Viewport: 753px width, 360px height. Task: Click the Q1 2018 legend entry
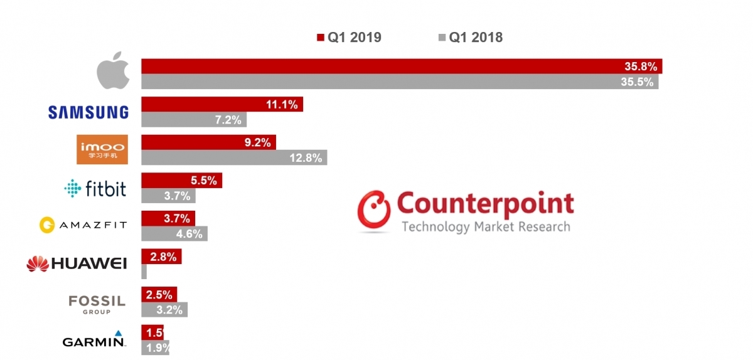471,38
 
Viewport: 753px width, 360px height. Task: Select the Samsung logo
88,112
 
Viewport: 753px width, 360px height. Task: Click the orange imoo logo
102,149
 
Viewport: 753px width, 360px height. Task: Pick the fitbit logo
95,188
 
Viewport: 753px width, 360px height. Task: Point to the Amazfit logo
83,225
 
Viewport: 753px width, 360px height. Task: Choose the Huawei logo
77,263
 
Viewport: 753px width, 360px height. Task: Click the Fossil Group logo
97,304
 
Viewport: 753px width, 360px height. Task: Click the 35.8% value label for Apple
639,66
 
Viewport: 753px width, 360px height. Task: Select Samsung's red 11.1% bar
222,105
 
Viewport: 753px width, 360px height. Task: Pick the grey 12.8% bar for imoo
233,158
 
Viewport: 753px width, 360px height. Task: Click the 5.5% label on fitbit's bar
203,181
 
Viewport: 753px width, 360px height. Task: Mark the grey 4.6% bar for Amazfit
174,234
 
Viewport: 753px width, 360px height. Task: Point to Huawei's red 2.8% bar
161,256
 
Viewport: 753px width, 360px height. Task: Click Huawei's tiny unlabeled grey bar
144,272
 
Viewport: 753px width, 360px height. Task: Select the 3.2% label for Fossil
170,309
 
